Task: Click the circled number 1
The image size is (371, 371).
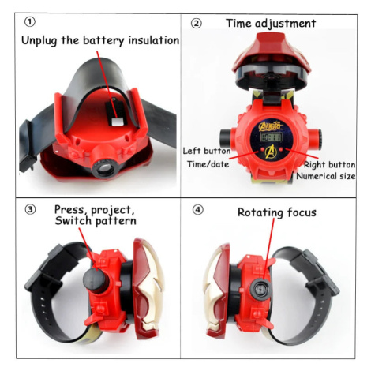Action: point(30,22)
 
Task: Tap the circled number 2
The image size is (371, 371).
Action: point(197,24)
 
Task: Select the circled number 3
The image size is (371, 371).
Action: point(30,210)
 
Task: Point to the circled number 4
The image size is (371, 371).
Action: point(198,210)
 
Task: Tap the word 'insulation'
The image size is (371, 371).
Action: point(154,40)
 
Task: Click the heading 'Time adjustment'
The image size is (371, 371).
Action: point(271,24)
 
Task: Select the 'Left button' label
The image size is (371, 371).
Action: point(207,151)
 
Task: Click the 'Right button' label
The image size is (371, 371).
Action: point(329,165)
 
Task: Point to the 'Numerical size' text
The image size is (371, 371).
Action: point(326,176)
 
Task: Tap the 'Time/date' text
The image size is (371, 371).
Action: point(208,164)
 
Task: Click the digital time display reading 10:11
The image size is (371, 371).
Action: point(271,137)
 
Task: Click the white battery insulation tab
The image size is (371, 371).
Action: point(117,122)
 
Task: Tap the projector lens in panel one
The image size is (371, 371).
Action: point(105,168)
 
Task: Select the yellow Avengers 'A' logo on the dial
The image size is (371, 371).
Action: point(271,152)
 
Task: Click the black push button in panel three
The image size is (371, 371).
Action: point(96,279)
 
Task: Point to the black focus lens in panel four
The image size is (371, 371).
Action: point(261,288)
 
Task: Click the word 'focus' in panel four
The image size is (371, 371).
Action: point(302,212)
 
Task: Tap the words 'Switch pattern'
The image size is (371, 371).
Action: point(96,221)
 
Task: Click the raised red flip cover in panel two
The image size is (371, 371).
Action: point(271,59)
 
